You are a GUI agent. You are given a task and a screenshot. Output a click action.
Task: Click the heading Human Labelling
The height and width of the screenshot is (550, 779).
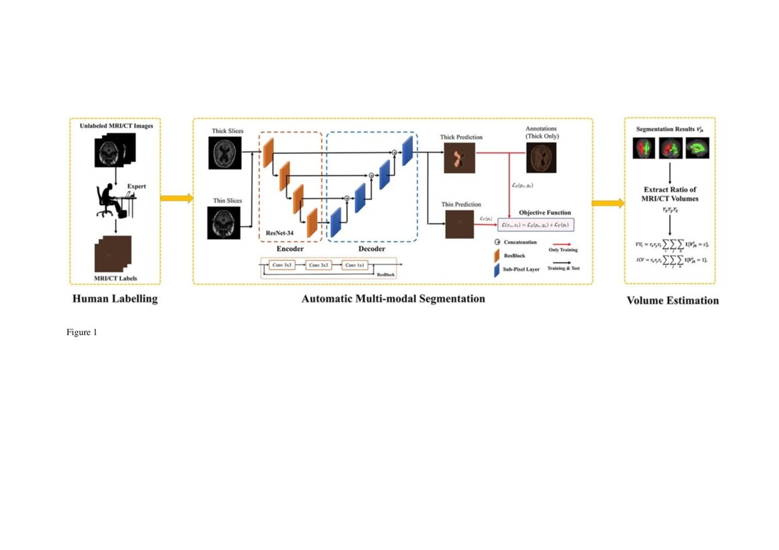click(115, 299)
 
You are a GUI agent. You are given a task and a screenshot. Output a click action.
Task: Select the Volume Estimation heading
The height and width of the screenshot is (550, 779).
click(672, 300)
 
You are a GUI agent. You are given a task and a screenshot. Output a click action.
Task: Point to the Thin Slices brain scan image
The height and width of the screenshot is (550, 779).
click(225, 221)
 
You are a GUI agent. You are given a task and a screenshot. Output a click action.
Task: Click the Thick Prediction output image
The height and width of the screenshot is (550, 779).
click(458, 158)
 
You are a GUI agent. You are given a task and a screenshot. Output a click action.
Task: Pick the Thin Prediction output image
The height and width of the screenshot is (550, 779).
click(459, 225)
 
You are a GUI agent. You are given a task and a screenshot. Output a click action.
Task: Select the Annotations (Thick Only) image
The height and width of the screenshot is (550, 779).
click(542, 158)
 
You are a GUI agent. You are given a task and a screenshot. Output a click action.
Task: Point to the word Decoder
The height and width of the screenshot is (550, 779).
click(372, 249)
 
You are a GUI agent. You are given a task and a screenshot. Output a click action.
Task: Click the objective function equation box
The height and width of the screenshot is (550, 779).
click(536, 224)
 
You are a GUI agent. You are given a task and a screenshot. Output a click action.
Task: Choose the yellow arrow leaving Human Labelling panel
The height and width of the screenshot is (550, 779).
click(177, 198)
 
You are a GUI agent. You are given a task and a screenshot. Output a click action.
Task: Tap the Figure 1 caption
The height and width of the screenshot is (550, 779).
click(82, 332)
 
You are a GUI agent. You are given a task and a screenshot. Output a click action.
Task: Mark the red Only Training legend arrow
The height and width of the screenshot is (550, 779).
click(562, 242)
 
